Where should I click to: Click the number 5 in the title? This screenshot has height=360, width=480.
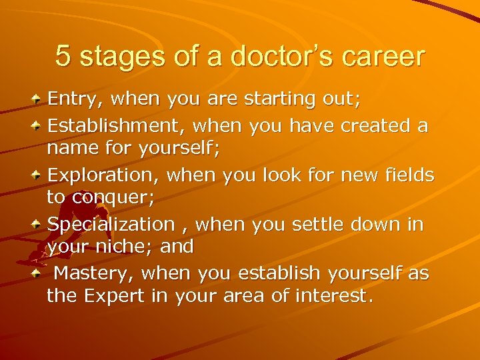[x=63, y=57]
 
